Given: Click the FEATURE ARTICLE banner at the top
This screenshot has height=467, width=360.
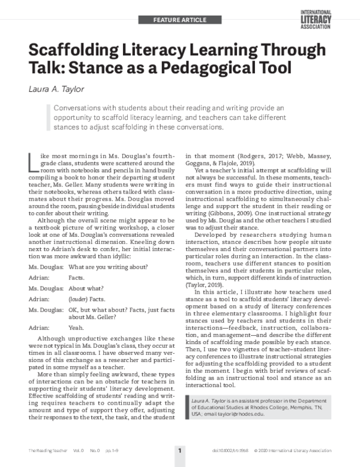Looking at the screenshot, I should click(179, 20).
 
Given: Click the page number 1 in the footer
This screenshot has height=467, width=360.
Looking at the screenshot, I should click(179, 449).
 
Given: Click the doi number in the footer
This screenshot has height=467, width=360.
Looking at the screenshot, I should click(224, 449).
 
